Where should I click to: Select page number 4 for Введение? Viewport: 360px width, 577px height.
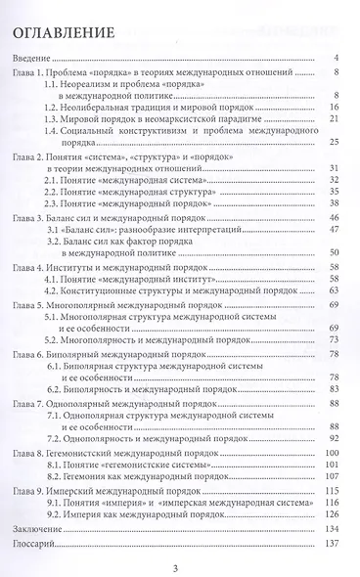[x=336, y=59]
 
